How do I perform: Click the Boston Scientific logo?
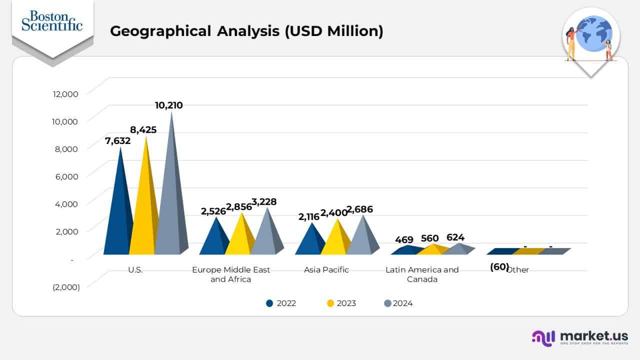click(x=52, y=21)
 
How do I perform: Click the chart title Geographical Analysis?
click(x=246, y=31)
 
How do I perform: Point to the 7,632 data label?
click(x=117, y=141)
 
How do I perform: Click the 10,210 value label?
click(x=168, y=105)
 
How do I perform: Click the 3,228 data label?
click(x=263, y=202)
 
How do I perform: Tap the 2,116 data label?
click(x=309, y=217)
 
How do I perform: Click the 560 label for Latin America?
click(x=429, y=238)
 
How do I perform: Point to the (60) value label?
click(x=499, y=267)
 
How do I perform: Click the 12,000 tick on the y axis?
click(x=65, y=93)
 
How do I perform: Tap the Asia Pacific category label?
click(x=326, y=270)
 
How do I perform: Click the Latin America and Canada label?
click(x=422, y=274)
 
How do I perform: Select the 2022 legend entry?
click(x=281, y=303)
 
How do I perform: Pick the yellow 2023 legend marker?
click(x=330, y=303)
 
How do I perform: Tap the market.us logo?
click(x=580, y=337)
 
